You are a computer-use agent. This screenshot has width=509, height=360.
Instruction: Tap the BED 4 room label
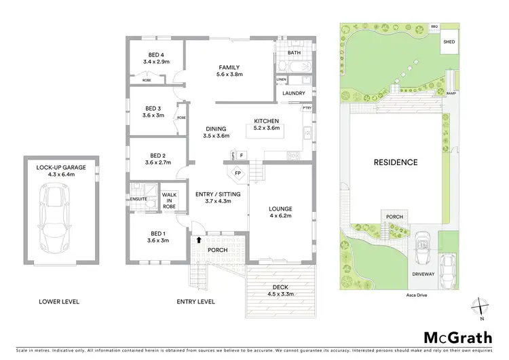(157, 55)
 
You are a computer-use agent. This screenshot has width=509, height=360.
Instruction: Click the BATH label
(294, 52)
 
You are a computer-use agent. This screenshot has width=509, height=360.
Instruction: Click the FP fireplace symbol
(238, 173)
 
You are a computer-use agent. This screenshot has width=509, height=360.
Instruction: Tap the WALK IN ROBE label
(168, 202)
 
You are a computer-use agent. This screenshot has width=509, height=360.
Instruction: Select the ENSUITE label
(138, 198)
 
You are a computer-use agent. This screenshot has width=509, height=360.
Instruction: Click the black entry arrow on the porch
(198, 240)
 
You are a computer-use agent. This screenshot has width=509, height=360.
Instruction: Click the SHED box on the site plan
(449, 41)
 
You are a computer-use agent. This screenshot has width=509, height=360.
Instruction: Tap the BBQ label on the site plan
(434, 26)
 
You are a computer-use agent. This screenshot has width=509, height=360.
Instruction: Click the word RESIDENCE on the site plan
(396, 162)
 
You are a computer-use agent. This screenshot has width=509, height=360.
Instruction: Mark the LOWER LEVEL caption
(60, 301)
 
